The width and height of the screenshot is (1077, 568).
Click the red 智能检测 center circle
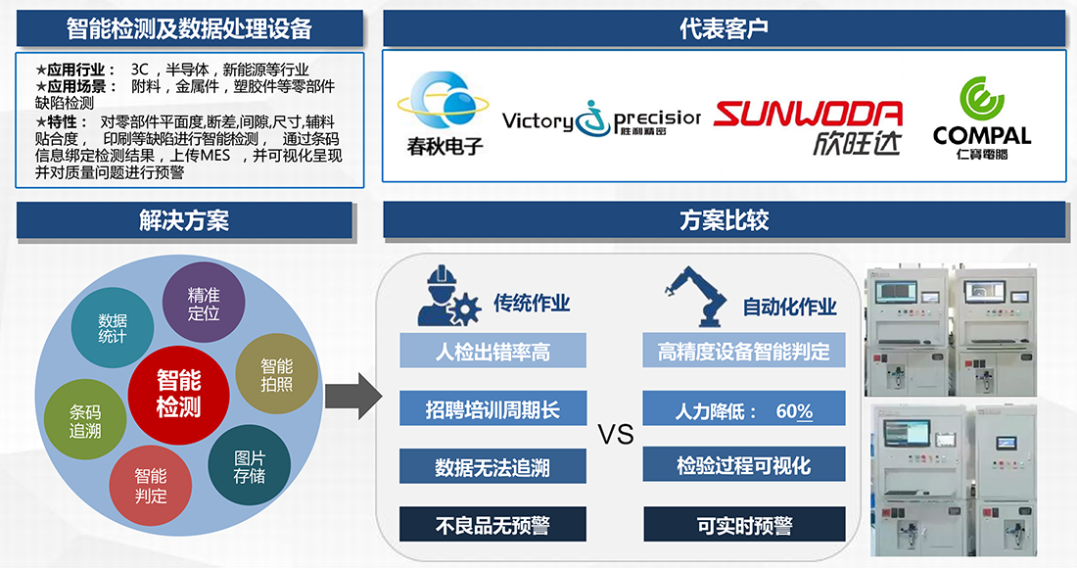tap(178, 393)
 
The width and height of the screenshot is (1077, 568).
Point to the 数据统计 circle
tap(113, 328)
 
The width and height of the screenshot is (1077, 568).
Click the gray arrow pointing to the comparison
tap(351, 395)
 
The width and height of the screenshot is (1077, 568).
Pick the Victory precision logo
tap(601, 120)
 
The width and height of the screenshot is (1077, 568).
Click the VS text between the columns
tap(616, 434)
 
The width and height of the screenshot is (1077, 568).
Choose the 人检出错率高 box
tap(492, 351)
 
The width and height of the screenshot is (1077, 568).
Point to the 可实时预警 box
tap(744, 525)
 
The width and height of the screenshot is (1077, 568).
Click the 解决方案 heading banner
tap(184, 220)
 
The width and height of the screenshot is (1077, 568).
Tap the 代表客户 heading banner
tap(724, 28)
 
